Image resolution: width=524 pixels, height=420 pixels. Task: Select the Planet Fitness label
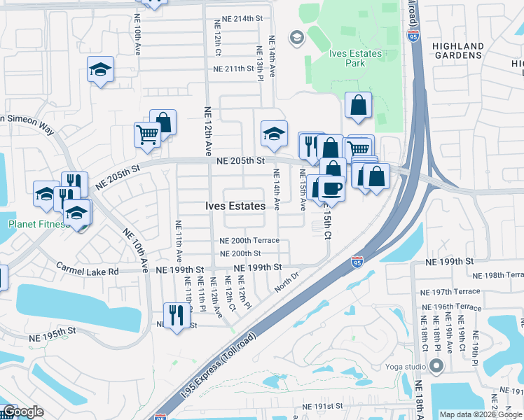34,225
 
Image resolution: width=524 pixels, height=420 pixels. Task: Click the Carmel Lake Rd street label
88,271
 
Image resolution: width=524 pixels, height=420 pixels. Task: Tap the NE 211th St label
228,69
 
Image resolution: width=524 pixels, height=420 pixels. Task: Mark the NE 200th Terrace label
249,241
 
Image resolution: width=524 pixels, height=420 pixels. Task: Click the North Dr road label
287,283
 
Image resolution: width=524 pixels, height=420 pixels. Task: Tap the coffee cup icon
332,188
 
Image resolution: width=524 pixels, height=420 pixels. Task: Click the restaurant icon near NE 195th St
176,314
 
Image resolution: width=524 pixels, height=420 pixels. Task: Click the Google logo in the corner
24,412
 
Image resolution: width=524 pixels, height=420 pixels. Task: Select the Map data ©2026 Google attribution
481,414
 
